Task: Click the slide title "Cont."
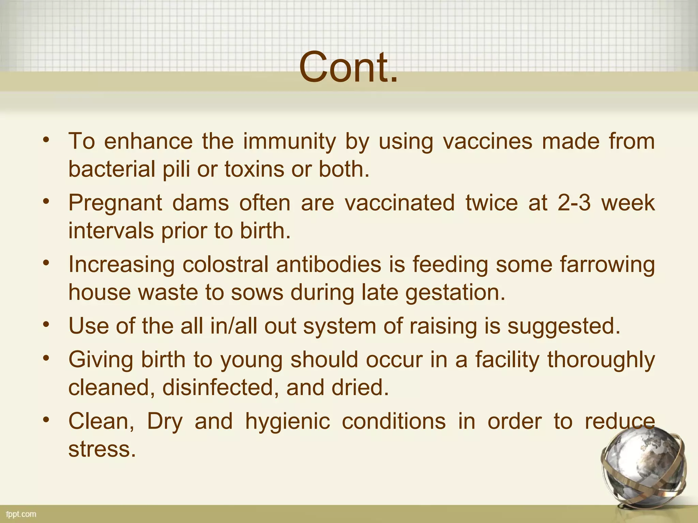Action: click(349, 67)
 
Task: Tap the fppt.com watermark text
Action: click(21, 514)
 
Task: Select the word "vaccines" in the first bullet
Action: click(487, 141)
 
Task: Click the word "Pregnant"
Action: click(115, 204)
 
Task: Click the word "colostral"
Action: click(225, 265)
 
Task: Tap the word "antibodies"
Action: click(329, 265)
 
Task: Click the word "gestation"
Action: click(455, 293)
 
